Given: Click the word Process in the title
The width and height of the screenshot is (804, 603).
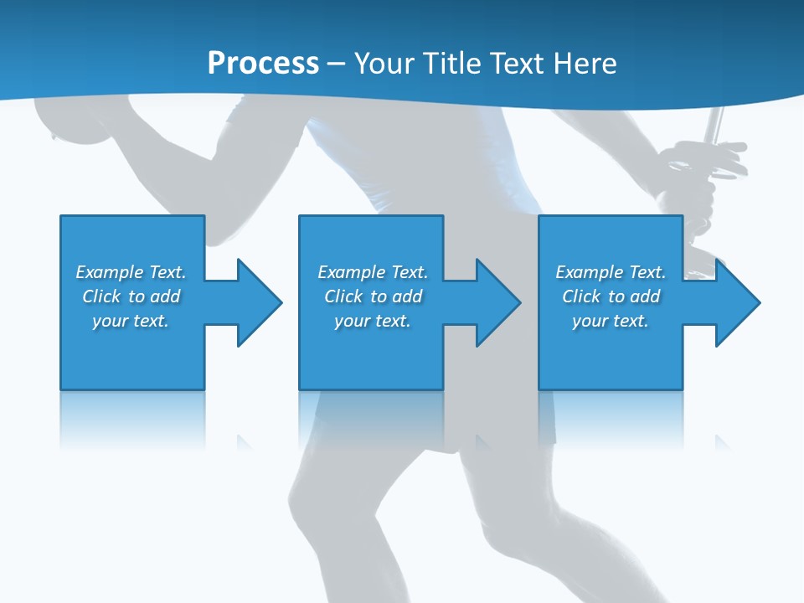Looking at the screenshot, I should (263, 64).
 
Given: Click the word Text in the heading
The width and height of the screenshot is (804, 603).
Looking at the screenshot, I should (519, 64).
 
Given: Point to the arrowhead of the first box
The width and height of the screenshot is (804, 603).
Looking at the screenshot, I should (260, 302).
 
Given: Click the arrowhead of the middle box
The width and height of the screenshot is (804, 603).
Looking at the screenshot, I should (499, 302).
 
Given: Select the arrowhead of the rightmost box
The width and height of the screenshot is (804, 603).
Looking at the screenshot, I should (738, 302).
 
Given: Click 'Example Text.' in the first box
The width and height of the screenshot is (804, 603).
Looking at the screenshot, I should (131, 272).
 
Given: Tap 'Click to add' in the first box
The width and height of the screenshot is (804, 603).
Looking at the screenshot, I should (131, 296).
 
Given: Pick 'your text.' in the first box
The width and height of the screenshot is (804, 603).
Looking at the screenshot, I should (131, 321).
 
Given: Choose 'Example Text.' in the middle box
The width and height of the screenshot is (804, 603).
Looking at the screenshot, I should (373, 272).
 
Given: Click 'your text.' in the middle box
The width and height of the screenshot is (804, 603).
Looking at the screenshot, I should (373, 321).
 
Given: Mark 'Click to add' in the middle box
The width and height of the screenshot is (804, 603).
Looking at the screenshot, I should (373, 296).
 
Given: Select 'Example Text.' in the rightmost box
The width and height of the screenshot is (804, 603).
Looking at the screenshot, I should (611, 272).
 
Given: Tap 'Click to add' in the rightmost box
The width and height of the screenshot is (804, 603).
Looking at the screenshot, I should (611, 296).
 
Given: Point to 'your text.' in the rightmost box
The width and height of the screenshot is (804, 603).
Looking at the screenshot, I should (611, 321).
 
